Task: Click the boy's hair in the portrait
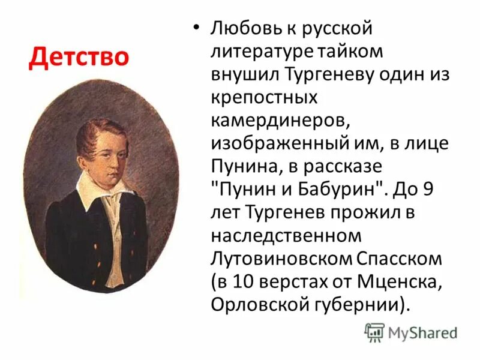[x=102, y=123]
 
